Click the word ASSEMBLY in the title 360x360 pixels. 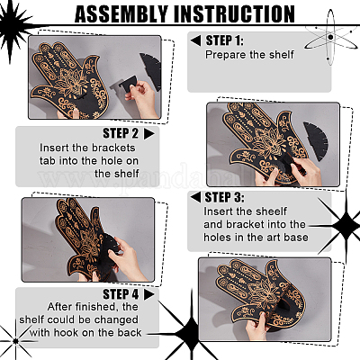121,14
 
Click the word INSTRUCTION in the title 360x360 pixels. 234,14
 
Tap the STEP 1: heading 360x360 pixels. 225,40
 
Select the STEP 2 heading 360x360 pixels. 121,133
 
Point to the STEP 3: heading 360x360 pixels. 224,197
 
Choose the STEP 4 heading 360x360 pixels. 121,294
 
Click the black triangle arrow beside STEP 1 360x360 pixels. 196,40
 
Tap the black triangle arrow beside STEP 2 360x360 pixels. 148,134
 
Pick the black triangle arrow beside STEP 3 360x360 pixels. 195,197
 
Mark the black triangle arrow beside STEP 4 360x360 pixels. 148,294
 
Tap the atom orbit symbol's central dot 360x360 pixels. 330,37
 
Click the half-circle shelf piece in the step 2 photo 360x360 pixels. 316,141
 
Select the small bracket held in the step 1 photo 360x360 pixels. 129,84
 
